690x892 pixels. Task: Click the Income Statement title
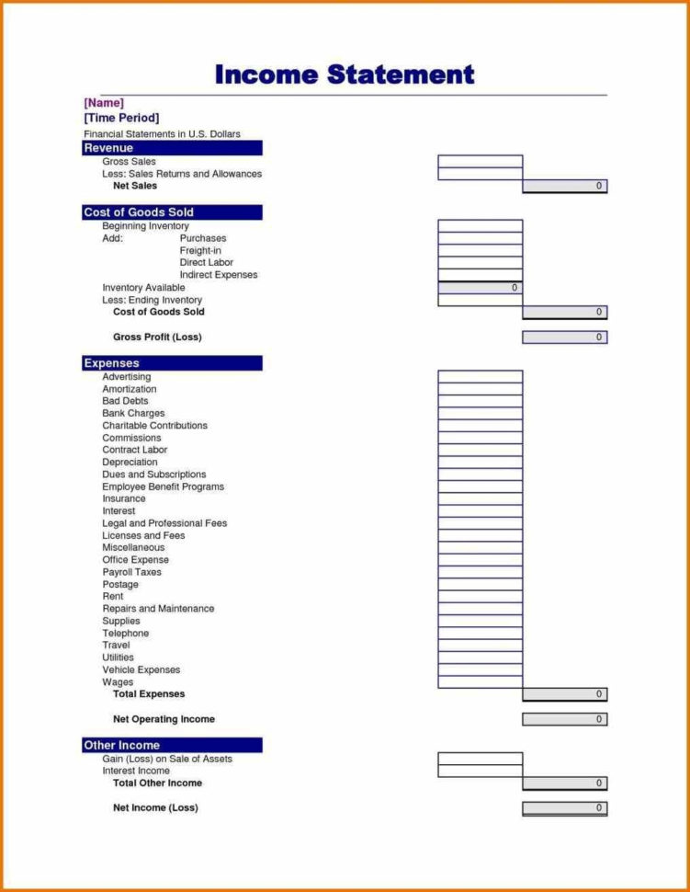(345, 74)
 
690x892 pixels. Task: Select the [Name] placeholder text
(104, 103)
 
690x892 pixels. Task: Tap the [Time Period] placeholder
(121, 118)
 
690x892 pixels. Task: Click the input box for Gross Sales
(480, 161)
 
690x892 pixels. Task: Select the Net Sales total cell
(564, 186)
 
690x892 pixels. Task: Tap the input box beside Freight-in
(480, 250)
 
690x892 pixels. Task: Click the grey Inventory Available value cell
(480, 288)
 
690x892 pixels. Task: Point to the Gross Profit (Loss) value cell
(564, 337)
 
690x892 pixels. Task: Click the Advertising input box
(480, 377)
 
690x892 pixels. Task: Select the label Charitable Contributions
(154, 426)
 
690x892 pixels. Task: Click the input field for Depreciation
(480, 463)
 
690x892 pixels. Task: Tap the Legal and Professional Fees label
(164, 523)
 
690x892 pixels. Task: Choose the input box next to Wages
(480, 682)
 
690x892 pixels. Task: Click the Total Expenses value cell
(564, 694)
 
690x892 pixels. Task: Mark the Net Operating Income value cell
(564, 719)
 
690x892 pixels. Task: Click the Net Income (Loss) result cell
(564, 808)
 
